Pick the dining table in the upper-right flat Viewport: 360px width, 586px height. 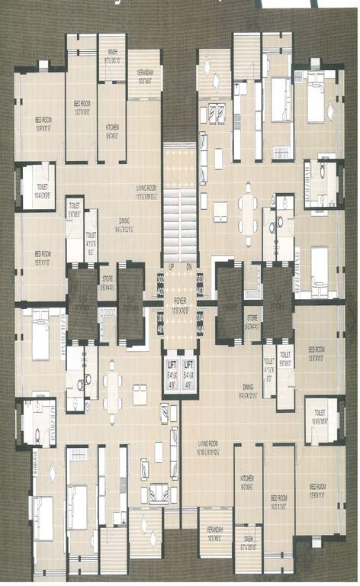(x=246, y=207)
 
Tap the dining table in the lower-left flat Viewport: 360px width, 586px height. (x=113, y=389)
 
